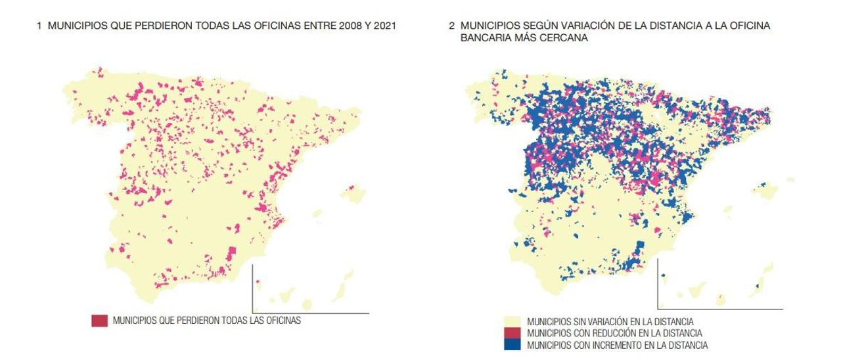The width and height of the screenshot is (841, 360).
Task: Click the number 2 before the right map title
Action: click(x=451, y=26)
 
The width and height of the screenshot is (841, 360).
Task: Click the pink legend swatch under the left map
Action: click(x=99, y=321)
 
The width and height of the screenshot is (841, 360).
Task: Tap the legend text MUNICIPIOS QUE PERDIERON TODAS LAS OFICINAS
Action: click(x=206, y=321)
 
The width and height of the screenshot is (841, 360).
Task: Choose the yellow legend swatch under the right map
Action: click(x=514, y=322)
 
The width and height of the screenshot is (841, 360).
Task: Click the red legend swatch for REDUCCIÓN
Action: click(x=514, y=334)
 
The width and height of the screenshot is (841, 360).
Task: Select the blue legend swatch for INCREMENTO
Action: click(x=514, y=345)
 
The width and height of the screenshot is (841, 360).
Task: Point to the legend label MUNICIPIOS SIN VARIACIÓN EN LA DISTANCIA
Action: click(x=610, y=322)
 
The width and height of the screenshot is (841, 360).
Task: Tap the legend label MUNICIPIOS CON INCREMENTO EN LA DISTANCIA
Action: click(x=618, y=345)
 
